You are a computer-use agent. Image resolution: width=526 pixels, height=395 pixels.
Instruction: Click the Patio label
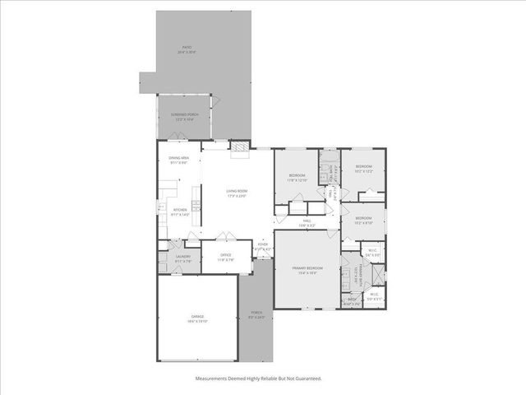tap(188, 49)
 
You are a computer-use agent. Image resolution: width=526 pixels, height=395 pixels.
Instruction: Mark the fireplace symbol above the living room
tap(238, 147)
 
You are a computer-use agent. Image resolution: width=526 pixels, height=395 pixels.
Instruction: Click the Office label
tap(225, 256)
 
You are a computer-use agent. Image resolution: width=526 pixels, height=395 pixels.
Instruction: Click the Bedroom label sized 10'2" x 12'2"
tap(364, 169)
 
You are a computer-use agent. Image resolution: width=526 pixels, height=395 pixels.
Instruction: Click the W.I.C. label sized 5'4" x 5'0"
tap(373, 252)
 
